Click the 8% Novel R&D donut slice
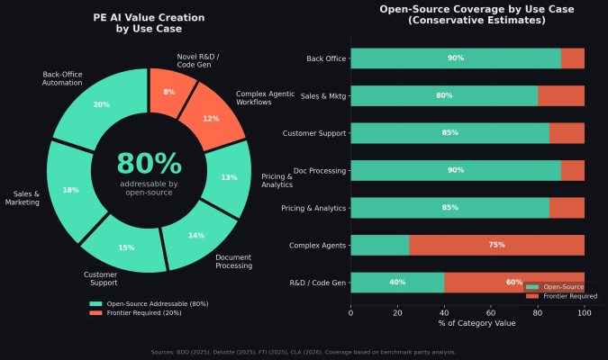169,92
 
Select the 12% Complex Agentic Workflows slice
210,118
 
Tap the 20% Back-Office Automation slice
102,105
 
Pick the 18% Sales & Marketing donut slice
71,190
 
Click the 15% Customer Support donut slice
125,247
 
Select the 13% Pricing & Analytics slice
228,177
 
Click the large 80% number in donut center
149,164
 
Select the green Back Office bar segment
455,58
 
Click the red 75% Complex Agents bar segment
496,245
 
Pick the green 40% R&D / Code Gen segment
396,282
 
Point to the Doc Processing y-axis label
314,170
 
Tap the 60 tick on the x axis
491,311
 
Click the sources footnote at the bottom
304,352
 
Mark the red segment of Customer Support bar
567,133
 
